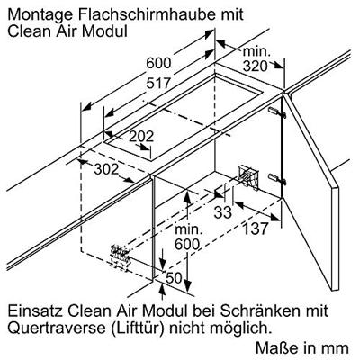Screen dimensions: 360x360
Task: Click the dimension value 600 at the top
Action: (158, 63)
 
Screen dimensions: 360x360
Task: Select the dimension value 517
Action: (158, 83)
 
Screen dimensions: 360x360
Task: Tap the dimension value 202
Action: (141, 137)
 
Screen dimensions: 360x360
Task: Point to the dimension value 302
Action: (106, 169)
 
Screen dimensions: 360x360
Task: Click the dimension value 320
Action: (255, 67)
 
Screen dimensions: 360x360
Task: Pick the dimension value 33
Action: (223, 212)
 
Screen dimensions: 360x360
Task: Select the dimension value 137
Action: (255, 229)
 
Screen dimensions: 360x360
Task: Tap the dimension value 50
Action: (174, 278)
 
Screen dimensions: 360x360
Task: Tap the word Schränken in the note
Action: (260, 310)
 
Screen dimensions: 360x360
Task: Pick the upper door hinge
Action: (277, 112)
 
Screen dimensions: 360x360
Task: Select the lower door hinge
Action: (277, 178)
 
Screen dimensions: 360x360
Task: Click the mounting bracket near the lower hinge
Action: (247, 177)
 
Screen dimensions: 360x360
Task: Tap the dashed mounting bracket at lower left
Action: (121, 256)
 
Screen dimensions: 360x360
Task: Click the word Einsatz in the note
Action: (35, 311)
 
